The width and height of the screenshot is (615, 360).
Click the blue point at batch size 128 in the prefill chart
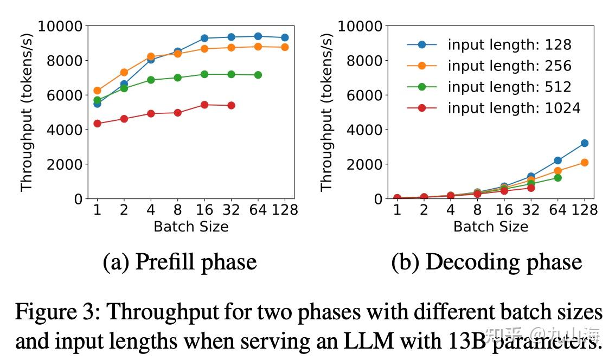click(x=285, y=37)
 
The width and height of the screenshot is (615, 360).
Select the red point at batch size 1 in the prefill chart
click(x=97, y=124)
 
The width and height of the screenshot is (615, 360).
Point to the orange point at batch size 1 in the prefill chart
click(x=97, y=91)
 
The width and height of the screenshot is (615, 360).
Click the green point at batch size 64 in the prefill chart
click(x=258, y=75)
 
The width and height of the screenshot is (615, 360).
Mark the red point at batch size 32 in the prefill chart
click(x=231, y=105)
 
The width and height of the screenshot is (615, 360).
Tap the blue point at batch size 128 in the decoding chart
click(x=584, y=143)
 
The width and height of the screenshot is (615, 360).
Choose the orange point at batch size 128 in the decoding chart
click(x=584, y=162)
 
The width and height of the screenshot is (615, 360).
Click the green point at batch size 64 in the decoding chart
click(x=558, y=178)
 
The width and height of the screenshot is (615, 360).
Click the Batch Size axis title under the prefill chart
click(x=191, y=226)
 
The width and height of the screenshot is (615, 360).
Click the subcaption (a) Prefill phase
click(x=180, y=262)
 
